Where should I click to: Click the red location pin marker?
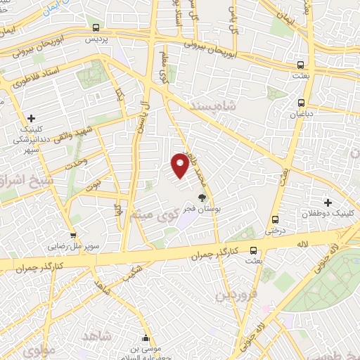click(181, 164)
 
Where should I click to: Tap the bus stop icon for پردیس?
click(96, 27)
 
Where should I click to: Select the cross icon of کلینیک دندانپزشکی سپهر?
click(31, 118)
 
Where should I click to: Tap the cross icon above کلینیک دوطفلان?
click(328, 202)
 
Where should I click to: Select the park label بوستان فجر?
click(204, 209)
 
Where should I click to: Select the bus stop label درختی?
click(274, 229)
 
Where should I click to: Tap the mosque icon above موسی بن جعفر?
click(146, 337)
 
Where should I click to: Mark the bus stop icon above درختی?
click(274, 219)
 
